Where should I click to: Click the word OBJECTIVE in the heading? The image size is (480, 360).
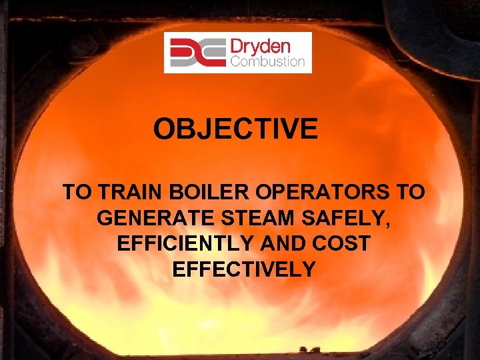point(235,129)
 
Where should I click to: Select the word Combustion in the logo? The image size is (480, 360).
point(267,62)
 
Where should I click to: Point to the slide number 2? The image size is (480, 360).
point(437,337)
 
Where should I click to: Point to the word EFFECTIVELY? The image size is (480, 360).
point(243,269)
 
